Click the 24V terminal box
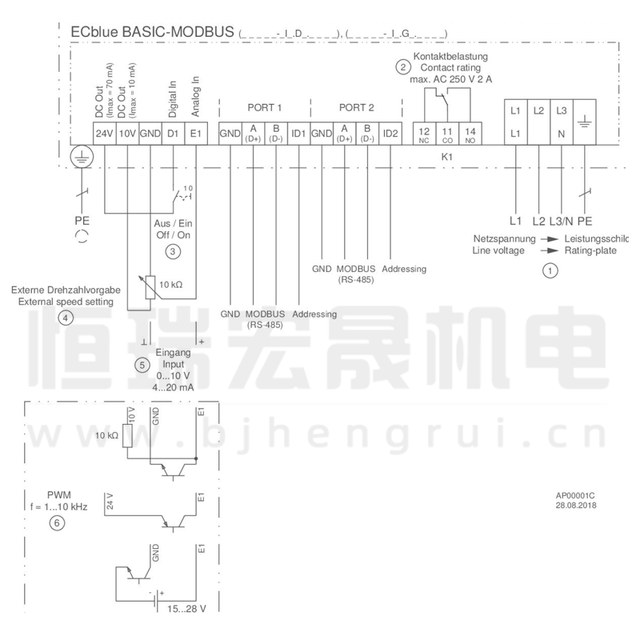pyautogui.click(x=105, y=133)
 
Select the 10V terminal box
pyautogui.click(x=127, y=133)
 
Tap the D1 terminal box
pyautogui.click(x=172, y=133)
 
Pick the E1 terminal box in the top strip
pyautogui.click(x=196, y=133)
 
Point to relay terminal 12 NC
pyautogui.click(x=424, y=133)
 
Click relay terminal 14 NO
pyautogui.click(x=470, y=133)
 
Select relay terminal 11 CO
pyautogui.click(x=447, y=133)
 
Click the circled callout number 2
pyautogui.click(x=402, y=69)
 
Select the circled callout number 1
pyautogui.click(x=550, y=271)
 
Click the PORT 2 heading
pyautogui.click(x=356, y=107)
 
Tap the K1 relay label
pyautogui.click(x=447, y=158)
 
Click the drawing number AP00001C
pyautogui.click(x=576, y=496)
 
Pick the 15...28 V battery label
pyautogui.click(x=185, y=609)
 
